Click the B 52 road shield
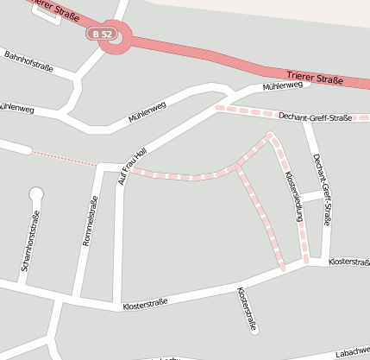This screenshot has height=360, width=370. click(x=102, y=34)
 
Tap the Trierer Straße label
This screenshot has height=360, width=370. click(x=314, y=80)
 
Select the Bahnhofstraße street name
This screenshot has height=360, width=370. click(x=29, y=61)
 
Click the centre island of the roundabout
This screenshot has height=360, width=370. click(x=116, y=37)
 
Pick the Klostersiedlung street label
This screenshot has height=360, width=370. click(x=293, y=198)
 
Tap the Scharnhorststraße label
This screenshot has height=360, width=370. click(x=29, y=241)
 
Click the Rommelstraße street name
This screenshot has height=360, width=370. click(x=89, y=223)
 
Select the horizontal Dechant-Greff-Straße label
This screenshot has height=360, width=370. click(x=315, y=117)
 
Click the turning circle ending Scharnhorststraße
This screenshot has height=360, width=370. click(x=35, y=193)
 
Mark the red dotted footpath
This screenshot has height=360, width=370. click(x=65, y=158)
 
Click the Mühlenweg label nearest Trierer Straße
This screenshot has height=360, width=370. click(x=282, y=86)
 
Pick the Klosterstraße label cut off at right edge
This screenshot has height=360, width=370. click(x=348, y=261)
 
